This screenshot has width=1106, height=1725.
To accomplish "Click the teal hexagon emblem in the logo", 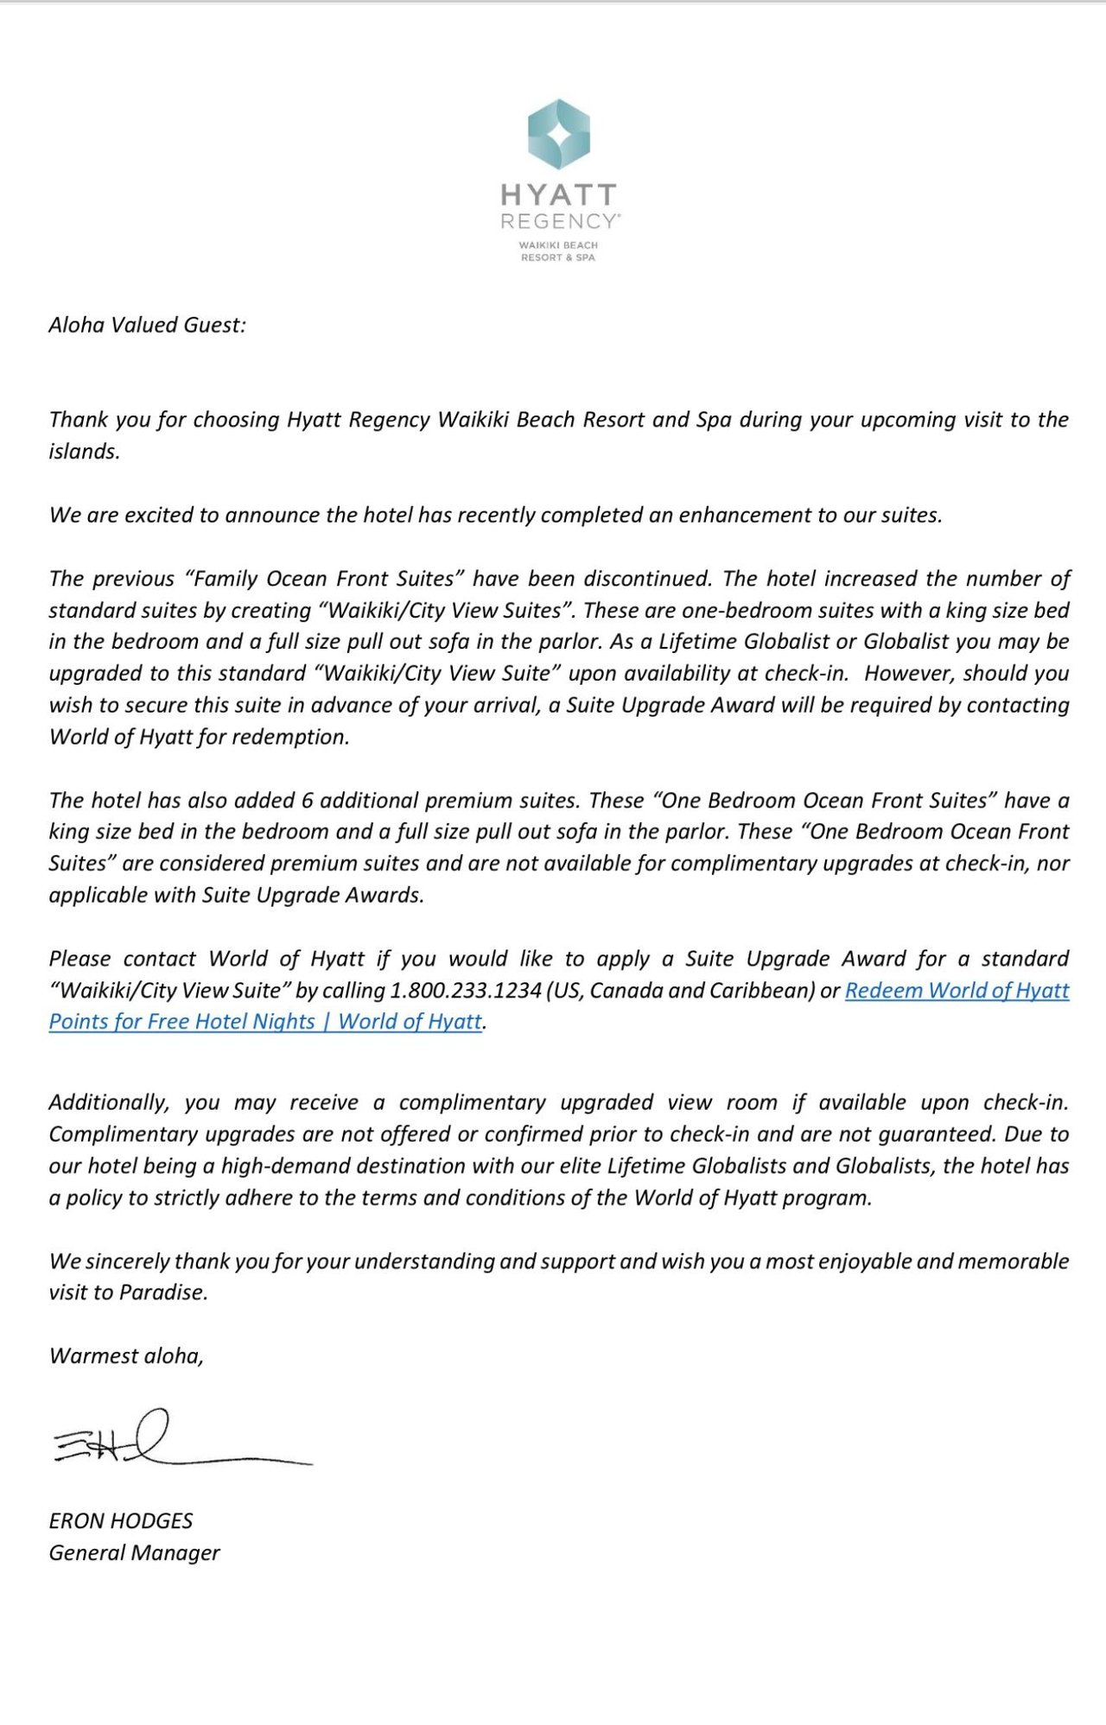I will [x=559, y=134].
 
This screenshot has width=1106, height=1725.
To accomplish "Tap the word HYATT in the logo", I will [x=559, y=194].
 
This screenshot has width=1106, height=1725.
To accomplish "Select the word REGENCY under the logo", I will [x=559, y=222].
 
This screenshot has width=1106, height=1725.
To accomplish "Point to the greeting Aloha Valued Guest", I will [x=147, y=325].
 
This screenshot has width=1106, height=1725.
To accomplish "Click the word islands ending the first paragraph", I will [x=83, y=452].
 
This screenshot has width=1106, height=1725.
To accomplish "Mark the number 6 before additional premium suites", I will [x=308, y=801].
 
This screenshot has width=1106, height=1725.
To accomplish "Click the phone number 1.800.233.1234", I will [x=466, y=991].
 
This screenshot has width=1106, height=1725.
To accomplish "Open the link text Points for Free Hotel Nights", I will [x=181, y=1022].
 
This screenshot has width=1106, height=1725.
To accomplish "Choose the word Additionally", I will [x=109, y=1103].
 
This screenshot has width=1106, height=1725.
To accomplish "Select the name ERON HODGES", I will [x=121, y=1521].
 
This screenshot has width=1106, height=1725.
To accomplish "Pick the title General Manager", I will [x=134, y=1553].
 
